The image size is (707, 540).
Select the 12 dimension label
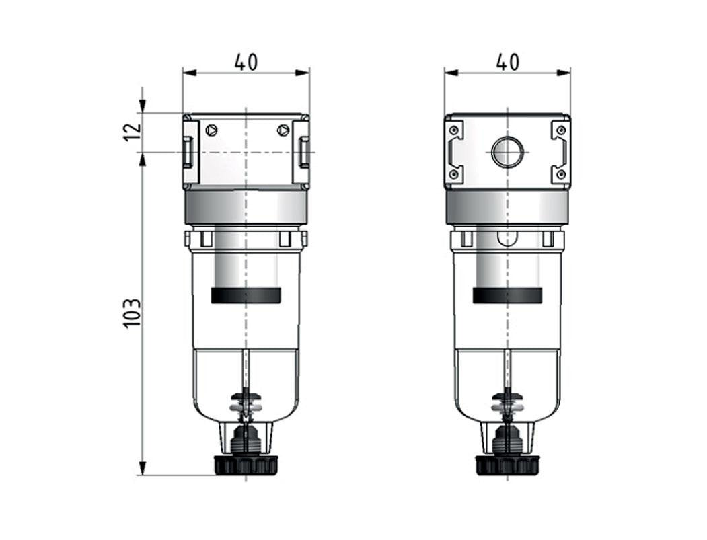point(133,128)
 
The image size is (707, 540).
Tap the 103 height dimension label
point(133,313)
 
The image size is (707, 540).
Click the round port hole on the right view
point(507,152)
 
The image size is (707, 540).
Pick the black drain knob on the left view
point(246,465)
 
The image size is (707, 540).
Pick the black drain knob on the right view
point(507,465)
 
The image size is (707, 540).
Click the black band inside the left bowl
point(246,296)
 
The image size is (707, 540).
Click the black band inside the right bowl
point(507,296)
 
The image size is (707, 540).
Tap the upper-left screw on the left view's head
point(212,130)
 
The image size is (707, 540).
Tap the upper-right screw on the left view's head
point(283,130)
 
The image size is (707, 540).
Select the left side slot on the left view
point(188,152)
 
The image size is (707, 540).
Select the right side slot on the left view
point(305,152)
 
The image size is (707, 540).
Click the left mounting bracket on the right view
point(454,152)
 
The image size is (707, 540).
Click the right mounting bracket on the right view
point(560,152)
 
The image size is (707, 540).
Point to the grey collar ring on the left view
point(246,207)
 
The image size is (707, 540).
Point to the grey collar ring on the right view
point(507,207)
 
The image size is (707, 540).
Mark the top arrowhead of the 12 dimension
point(143,107)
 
